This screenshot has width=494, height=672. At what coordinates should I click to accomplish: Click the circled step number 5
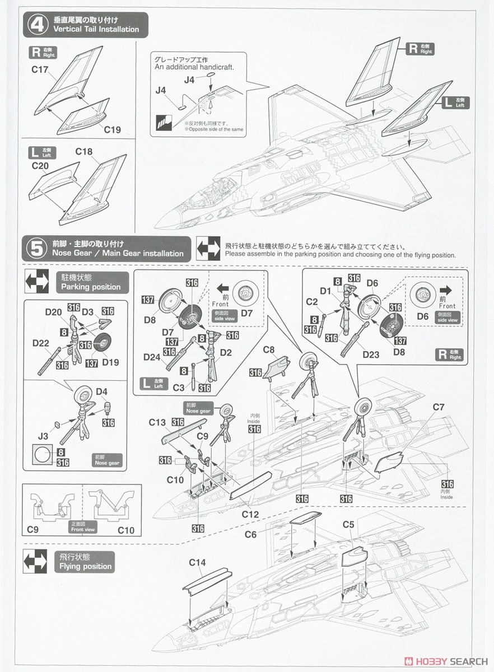click(36, 248)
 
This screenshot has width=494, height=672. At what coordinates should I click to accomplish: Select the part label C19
click(112, 129)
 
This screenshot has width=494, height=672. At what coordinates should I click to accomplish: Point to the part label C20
click(41, 166)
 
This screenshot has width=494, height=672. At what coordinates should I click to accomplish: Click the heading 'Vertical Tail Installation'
click(96, 29)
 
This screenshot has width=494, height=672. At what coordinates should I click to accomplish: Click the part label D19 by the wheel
click(110, 362)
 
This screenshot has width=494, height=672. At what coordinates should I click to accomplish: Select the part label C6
click(250, 534)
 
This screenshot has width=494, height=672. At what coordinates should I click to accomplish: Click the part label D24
click(152, 357)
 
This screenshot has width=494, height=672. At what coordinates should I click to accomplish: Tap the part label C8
click(268, 350)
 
